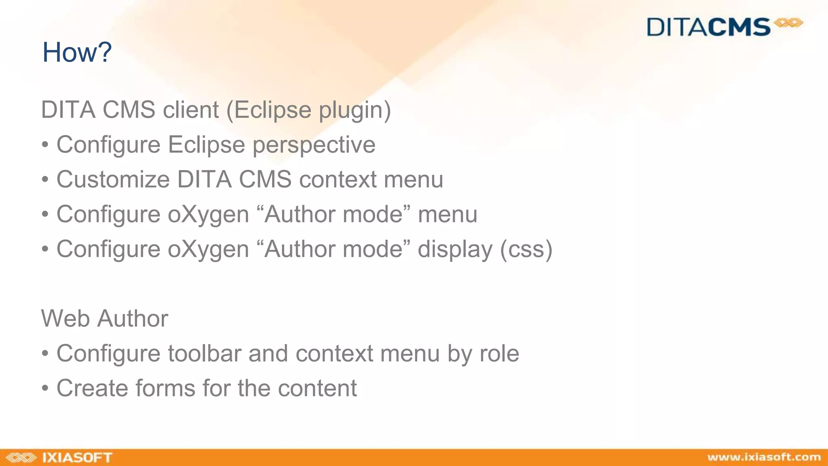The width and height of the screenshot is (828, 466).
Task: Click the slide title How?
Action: (77, 52)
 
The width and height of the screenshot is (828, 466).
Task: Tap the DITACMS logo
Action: (724, 27)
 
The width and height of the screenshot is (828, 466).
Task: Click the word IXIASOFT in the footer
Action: (77, 458)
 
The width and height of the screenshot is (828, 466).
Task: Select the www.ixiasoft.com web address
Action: (764, 457)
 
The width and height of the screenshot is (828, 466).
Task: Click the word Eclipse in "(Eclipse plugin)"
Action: (272, 110)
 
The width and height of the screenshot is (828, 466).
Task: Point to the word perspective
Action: (314, 145)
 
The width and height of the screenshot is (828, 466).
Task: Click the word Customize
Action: (113, 179)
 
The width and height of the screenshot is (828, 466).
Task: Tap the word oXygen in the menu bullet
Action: (208, 214)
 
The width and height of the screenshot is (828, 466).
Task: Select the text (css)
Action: (526, 249)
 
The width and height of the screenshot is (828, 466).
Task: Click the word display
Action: (455, 249)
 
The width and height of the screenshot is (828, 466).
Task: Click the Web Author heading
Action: (104, 318)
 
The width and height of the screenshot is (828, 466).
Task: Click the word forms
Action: (165, 388)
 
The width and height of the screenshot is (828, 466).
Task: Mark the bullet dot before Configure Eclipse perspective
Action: (45, 145)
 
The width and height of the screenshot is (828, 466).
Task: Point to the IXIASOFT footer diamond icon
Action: (21, 458)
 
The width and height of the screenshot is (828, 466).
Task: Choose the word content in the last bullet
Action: (317, 388)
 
